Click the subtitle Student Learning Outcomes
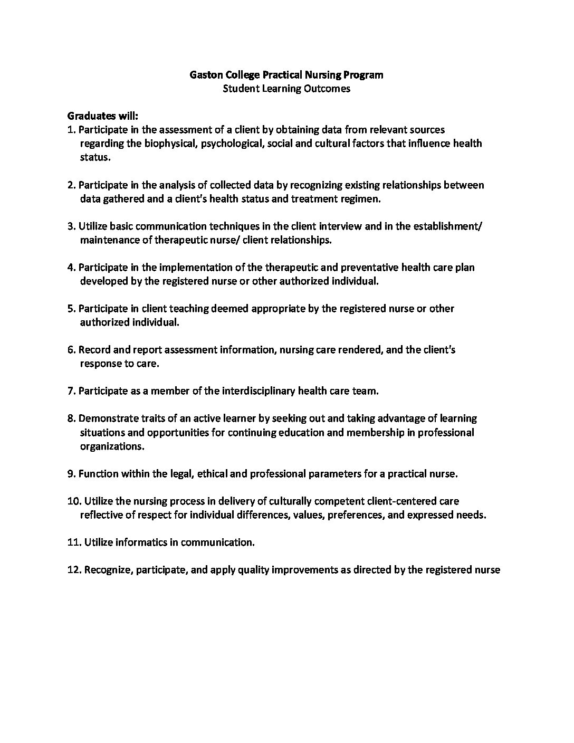click(x=286, y=89)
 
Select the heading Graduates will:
click(x=103, y=116)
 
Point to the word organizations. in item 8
click(x=112, y=446)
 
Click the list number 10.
click(x=74, y=501)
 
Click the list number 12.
click(x=74, y=570)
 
